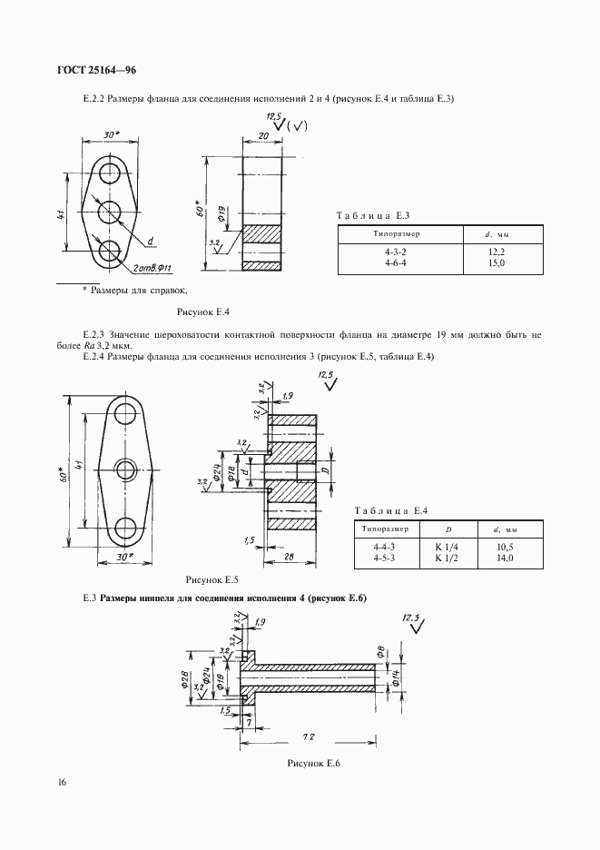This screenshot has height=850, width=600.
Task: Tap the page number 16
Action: pos(60,782)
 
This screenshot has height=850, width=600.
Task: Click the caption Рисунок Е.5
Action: pos(211,578)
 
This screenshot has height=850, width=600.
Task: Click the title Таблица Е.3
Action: pos(374,215)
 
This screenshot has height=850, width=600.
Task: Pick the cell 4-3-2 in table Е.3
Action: pos(396,251)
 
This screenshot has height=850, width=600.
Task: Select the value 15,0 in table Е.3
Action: pos(495,262)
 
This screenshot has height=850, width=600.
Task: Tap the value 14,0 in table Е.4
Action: pos(504,558)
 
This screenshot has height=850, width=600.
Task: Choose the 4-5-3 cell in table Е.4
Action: pos(385,558)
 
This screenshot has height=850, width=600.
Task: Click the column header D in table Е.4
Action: pos(448,528)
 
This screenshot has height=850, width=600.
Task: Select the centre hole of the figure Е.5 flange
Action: pos(127,469)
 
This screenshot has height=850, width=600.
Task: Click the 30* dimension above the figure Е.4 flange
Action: pos(112,133)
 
